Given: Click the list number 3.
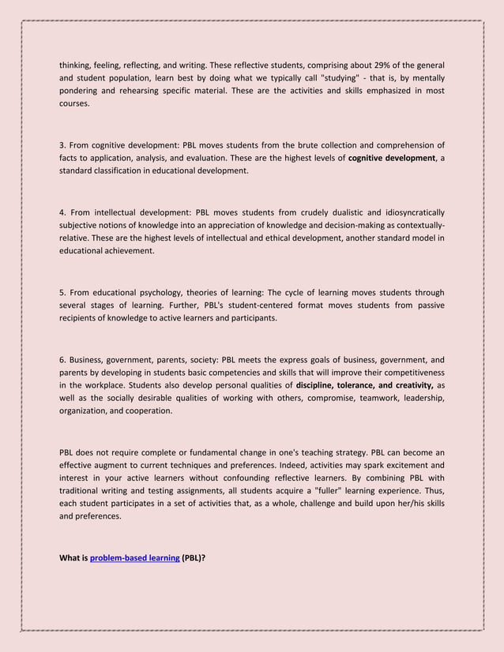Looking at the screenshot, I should pyautogui.click(x=62, y=145).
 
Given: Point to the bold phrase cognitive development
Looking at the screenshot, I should pyautogui.click(x=391, y=158).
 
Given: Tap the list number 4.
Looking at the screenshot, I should pyautogui.click(x=62, y=212).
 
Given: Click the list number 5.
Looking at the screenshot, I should pyautogui.click(x=62, y=292).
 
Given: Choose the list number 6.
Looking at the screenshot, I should pyautogui.click(x=62, y=359).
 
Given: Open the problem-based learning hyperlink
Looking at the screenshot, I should pyautogui.click(x=134, y=558).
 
